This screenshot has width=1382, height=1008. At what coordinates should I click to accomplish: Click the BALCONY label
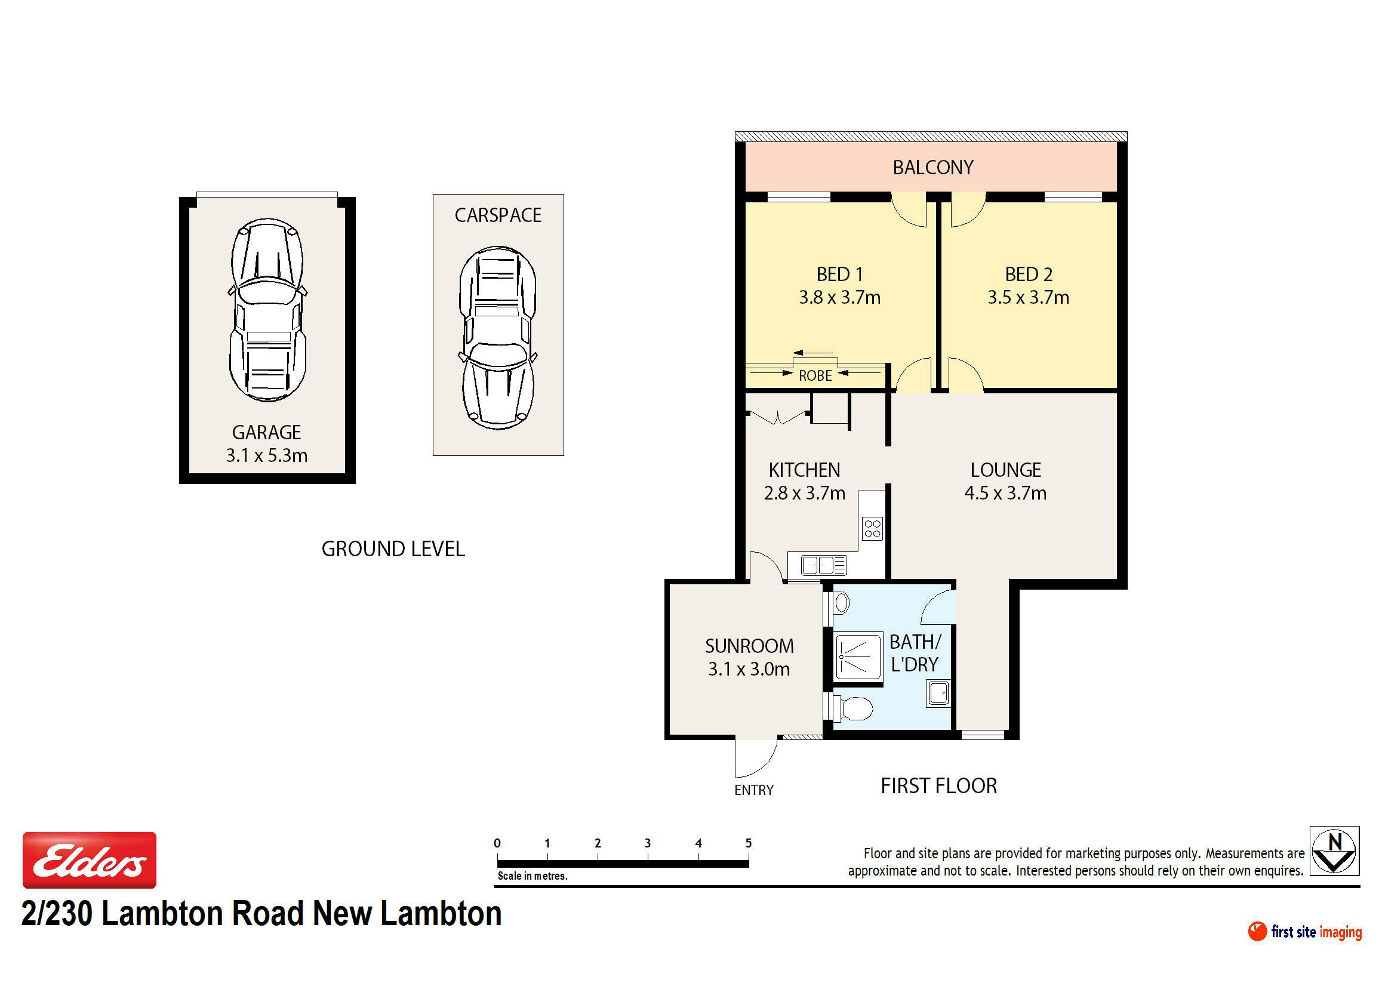(932, 167)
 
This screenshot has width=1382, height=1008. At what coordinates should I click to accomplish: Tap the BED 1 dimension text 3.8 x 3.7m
(839, 297)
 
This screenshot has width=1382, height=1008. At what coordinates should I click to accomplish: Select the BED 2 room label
(1029, 275)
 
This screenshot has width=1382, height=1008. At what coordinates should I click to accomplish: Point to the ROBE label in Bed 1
(815, 375)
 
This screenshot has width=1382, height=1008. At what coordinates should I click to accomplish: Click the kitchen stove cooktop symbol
(873, 528)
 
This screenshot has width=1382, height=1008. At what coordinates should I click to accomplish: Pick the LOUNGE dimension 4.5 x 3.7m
(1005, 492)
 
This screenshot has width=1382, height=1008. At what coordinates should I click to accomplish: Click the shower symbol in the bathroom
(858, 656)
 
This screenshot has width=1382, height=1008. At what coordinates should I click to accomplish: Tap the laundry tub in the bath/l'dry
(938, 693)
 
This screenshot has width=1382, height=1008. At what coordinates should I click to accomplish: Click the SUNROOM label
(750, 646)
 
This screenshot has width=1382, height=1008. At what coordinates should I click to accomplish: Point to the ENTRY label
(754, 790)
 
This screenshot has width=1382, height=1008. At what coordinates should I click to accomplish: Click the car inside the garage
(267, 310)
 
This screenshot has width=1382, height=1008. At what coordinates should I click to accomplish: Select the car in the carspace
(497, 337)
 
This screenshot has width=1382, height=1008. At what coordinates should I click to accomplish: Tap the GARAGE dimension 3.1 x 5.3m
(267, 455)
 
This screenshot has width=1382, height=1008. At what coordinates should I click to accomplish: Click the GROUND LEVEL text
(393, 549)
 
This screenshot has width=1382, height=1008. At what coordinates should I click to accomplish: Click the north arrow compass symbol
(1335, 850)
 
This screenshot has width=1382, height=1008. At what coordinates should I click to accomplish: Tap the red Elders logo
(89, 860)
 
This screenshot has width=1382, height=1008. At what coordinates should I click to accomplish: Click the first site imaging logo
(1304, 932)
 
